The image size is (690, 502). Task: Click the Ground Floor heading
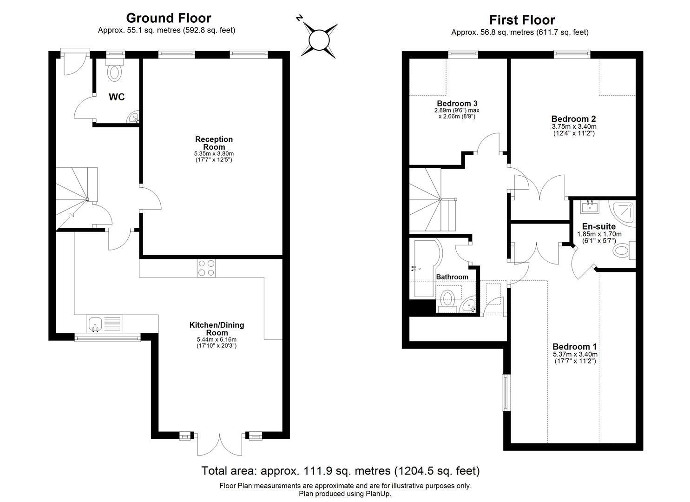click(169, 18)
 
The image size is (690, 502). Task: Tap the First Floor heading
click(522, 20)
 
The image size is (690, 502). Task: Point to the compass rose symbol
click(318, 40)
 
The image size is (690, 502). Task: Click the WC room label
click(117, 97)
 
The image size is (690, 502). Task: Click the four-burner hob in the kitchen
click(206, 268)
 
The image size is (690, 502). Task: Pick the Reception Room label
click(214, 143)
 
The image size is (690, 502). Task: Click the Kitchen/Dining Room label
click(217, 329)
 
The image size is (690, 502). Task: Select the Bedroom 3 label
click(457, 103)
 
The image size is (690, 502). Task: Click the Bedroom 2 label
click(573, 119)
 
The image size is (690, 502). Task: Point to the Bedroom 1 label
click(575, 347)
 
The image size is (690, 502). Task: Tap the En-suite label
click(599, 226)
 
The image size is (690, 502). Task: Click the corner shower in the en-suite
click(622, 212)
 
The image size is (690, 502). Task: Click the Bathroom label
click(452, 277)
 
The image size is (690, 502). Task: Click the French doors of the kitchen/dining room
click(220, 444)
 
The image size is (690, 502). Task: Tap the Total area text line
click(341, 471)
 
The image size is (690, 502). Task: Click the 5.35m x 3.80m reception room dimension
click(214, 153)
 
